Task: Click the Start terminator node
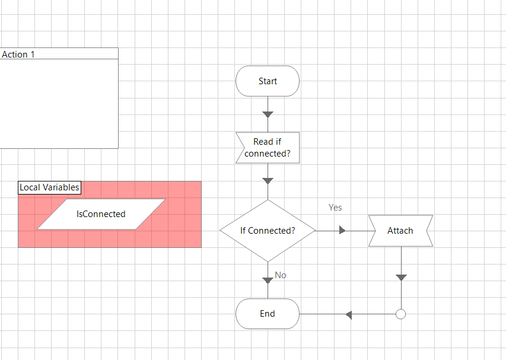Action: [x=268, y=81]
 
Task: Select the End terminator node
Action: [x=268, y=314]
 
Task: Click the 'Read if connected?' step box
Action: [x=268, y=148]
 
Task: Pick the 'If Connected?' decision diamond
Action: [x=268, y=231]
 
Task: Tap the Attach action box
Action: [x=400, y=231]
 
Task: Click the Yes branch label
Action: [x=335, y=208]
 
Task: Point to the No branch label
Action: [x=281, y=275]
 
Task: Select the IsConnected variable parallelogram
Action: [x=101, y=214]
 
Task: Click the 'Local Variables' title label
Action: [x=49, y=187]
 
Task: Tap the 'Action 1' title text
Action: [x=18, y=55]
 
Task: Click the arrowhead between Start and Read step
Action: [x=268, y=114]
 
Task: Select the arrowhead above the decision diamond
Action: [x=268, y=180]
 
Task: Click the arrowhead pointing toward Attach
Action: [x=342, y=230]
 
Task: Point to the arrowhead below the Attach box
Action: [x=401, y=277]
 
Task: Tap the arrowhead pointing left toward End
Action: [x=349, y=314]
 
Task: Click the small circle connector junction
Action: [x=400, y=314]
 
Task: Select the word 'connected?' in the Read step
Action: [x=268, y=154]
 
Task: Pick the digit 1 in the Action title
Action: [x=32, y=55]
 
